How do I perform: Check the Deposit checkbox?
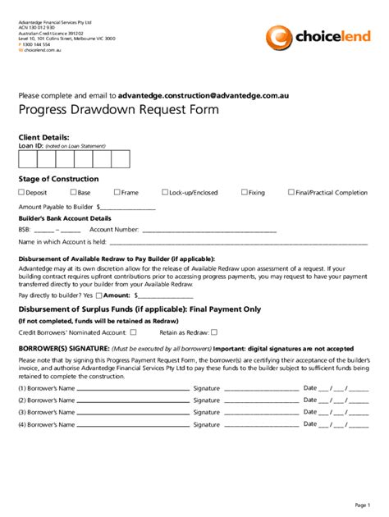click(21, 192)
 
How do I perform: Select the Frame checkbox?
click(117, 192)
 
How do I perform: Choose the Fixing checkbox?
click(244, 192)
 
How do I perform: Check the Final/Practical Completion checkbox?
click(291, 192)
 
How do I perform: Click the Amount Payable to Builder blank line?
click(128, 208)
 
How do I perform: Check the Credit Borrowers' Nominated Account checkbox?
click(134, 332)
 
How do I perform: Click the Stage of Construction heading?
click(58, 179)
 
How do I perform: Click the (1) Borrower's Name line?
click(131, 387)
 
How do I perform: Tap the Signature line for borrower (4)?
click(259, 425)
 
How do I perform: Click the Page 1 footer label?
click(362, 504)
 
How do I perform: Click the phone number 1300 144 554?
click(39, 43)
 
